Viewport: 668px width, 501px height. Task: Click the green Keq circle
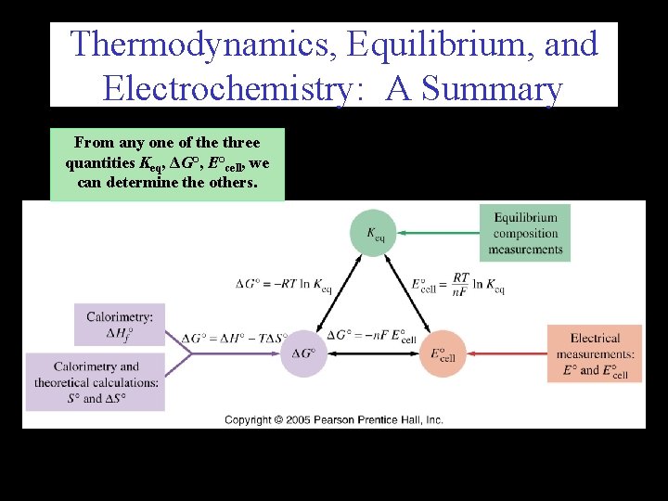click(373, 233)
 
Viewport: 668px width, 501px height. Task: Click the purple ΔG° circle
click(303, 353)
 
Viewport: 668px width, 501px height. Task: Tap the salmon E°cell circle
click(443, 353)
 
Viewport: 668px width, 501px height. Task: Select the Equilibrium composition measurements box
click(525, 233)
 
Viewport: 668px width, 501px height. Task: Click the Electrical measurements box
click(595, 353)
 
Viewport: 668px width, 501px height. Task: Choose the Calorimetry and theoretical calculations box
click(96, 381)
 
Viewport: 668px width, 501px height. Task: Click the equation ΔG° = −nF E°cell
click(366, 336)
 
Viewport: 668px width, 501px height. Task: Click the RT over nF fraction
click(461, 285)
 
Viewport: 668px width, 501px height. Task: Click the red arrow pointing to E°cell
click(507, 353)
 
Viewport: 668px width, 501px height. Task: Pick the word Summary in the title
click(493, 89)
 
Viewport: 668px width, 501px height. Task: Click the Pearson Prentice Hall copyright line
click(334, 419)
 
